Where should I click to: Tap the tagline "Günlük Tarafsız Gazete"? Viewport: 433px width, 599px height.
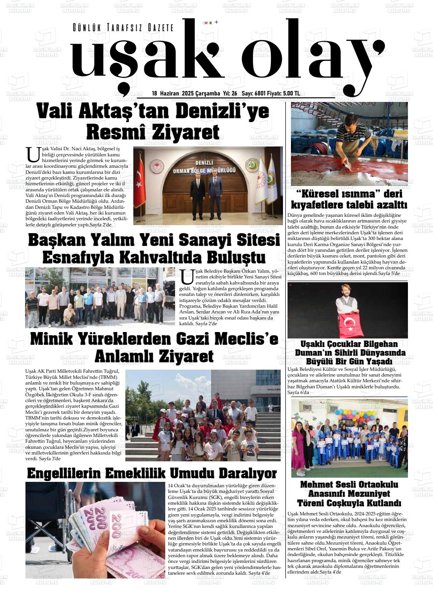click(123, 28)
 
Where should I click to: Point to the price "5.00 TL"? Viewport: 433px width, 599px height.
click(291, 94)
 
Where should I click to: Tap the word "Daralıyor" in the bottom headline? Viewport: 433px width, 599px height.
click(242, 473)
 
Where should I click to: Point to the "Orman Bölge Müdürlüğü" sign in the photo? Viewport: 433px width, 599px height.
click(205, 169)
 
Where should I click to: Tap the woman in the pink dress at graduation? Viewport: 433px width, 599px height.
click(298, 449)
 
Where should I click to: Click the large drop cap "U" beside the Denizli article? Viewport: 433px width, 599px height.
click(33, 154)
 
